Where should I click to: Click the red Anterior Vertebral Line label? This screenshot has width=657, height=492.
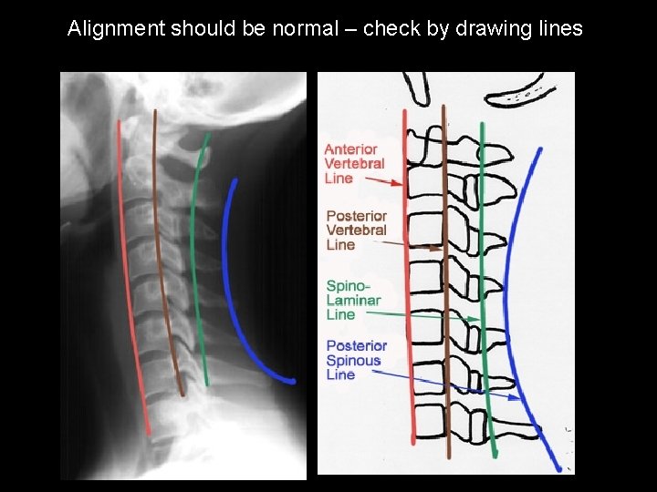click(x=354, y=163)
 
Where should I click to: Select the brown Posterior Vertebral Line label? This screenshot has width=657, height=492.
click(x=357, y=230)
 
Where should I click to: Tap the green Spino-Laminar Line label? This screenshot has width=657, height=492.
click(x=353, y=300)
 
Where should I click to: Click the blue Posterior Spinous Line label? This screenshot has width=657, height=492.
click(x=356, y=359)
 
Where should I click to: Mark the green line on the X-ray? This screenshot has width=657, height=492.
click(x=197, y=255)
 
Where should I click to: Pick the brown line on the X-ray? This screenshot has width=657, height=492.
click(x=163, y=255)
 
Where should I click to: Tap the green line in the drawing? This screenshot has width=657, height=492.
click(x=485, y=273)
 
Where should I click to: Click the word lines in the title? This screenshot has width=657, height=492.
click(x=559, y=28)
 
